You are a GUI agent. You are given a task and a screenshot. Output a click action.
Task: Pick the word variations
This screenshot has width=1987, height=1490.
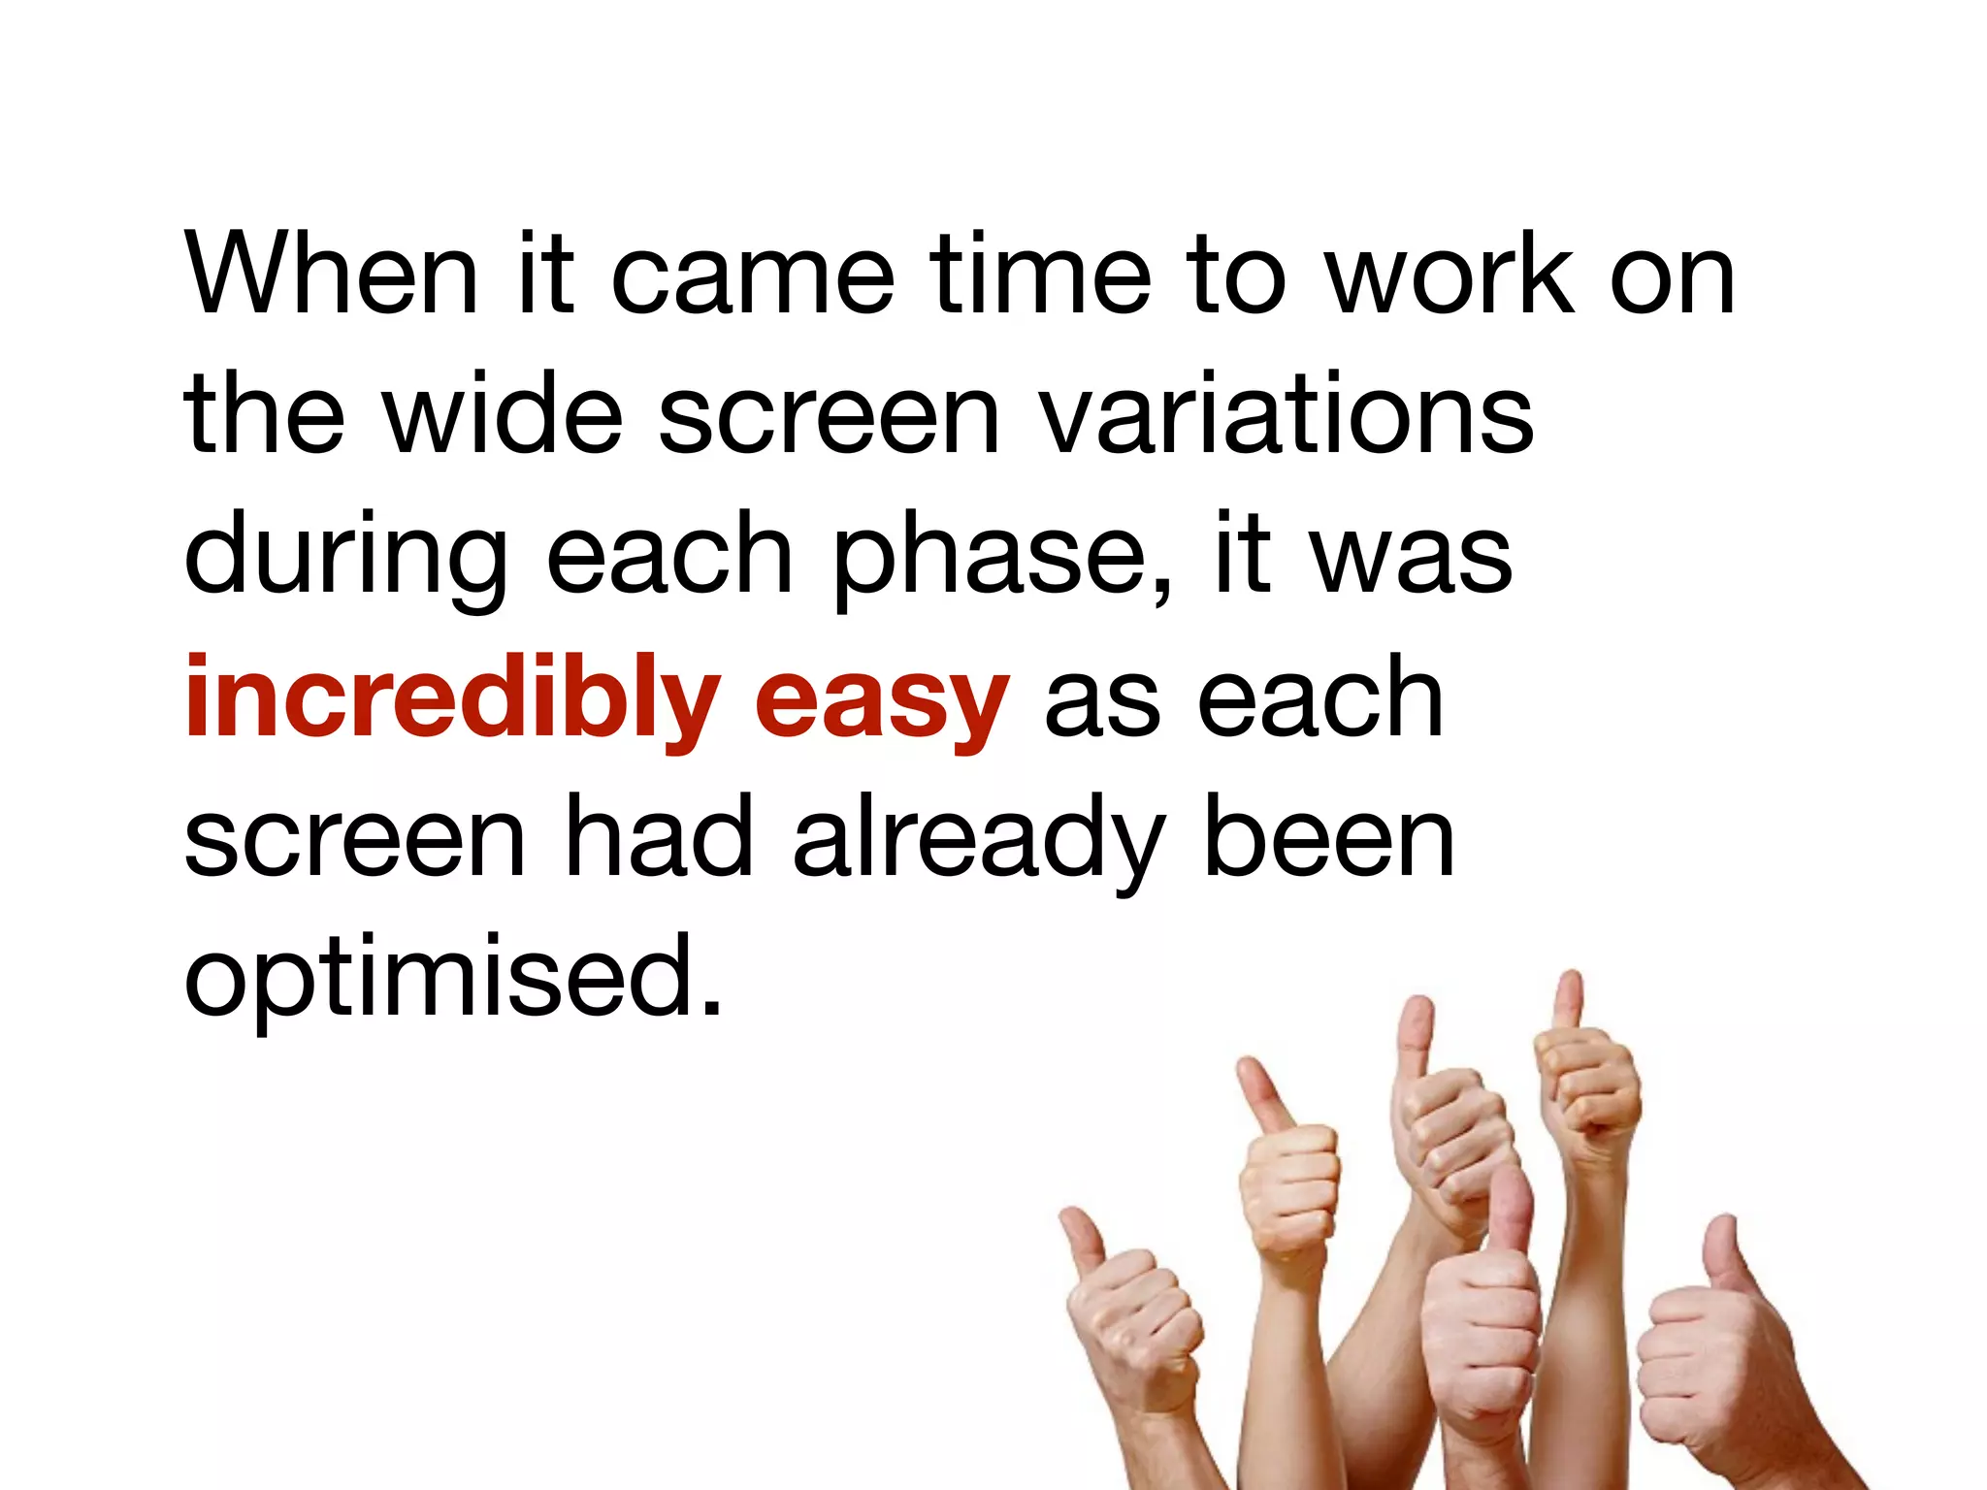pyautogui.click(x=1286, y=416)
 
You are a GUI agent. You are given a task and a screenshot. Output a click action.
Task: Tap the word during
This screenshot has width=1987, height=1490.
pyautogui.click(x=345, y=559)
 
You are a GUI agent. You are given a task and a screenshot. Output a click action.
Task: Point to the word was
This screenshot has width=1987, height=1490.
pyautogui.click(x=1412, y=557)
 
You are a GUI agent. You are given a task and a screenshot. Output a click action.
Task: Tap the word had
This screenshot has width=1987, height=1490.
pyautogui.click(x=660, y=836)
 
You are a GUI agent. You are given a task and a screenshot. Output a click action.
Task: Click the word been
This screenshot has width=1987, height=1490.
pyautogui.click(x=1329, y=836)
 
